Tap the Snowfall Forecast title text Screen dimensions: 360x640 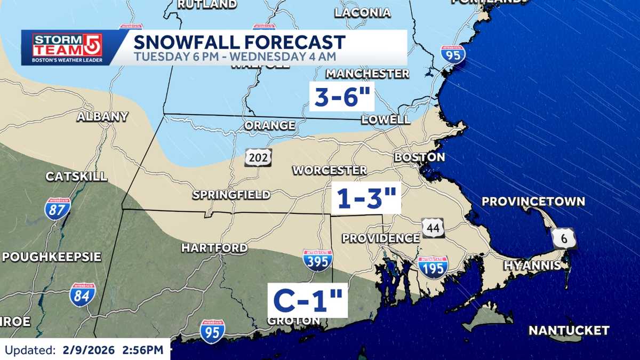[x=239, y=42]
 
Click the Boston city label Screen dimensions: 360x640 [x=419, y=157]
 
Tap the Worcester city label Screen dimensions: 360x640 [x=329, y=171]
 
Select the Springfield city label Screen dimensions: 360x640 [x=231, y=195]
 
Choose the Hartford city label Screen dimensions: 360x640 [x=214, y=248]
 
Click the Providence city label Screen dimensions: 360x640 [x=381, y=238]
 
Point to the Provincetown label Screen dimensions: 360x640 [x=533, y=202]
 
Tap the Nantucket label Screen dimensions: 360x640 [x=569, y=331]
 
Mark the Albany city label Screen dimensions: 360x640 [x=102, y=117]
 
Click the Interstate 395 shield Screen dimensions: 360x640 [x=317, y=260]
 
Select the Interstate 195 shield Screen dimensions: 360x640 [x=433, y=267]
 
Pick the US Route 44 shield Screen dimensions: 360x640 [x=433, y=227]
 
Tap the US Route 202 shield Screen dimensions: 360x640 [x=259, y=157]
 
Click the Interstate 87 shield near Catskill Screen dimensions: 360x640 [x=57, y=209]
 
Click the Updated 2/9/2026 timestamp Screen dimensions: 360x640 [x=84, y=350]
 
